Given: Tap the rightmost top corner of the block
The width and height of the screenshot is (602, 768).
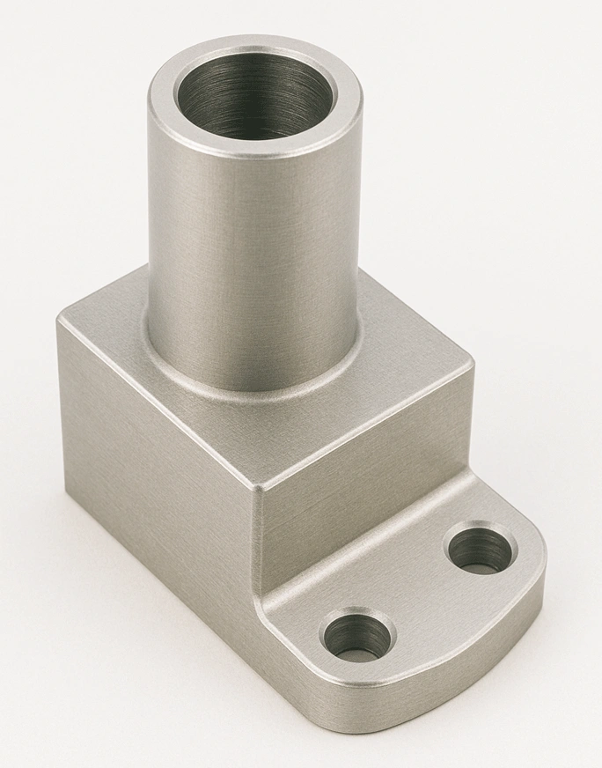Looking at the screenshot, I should (469, 362).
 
